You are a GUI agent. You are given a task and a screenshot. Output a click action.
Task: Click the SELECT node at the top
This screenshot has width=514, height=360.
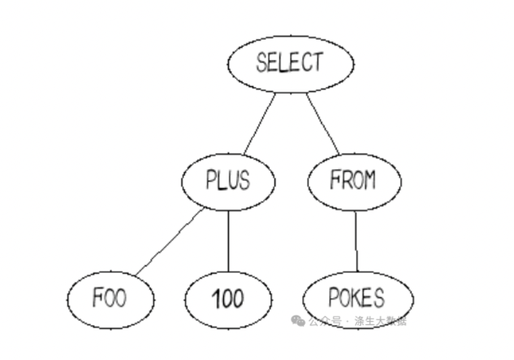[290, 63]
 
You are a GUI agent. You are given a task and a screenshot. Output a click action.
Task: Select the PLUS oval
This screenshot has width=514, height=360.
[228, 181]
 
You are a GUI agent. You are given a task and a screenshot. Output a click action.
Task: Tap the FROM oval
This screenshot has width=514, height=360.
[353, 181]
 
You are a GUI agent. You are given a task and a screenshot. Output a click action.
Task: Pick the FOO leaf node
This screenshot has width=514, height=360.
[111, 299]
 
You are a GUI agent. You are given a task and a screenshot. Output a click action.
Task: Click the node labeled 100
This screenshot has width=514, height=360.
[228, 299]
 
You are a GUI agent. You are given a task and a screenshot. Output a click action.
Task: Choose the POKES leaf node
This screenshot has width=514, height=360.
[357, 297]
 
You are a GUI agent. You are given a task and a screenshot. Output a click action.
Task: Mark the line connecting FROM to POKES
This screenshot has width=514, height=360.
[356, 239]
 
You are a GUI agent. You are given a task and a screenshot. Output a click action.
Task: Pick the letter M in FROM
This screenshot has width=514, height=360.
[369, 181]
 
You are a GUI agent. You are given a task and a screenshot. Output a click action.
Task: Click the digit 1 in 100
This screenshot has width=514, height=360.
[215, 299]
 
